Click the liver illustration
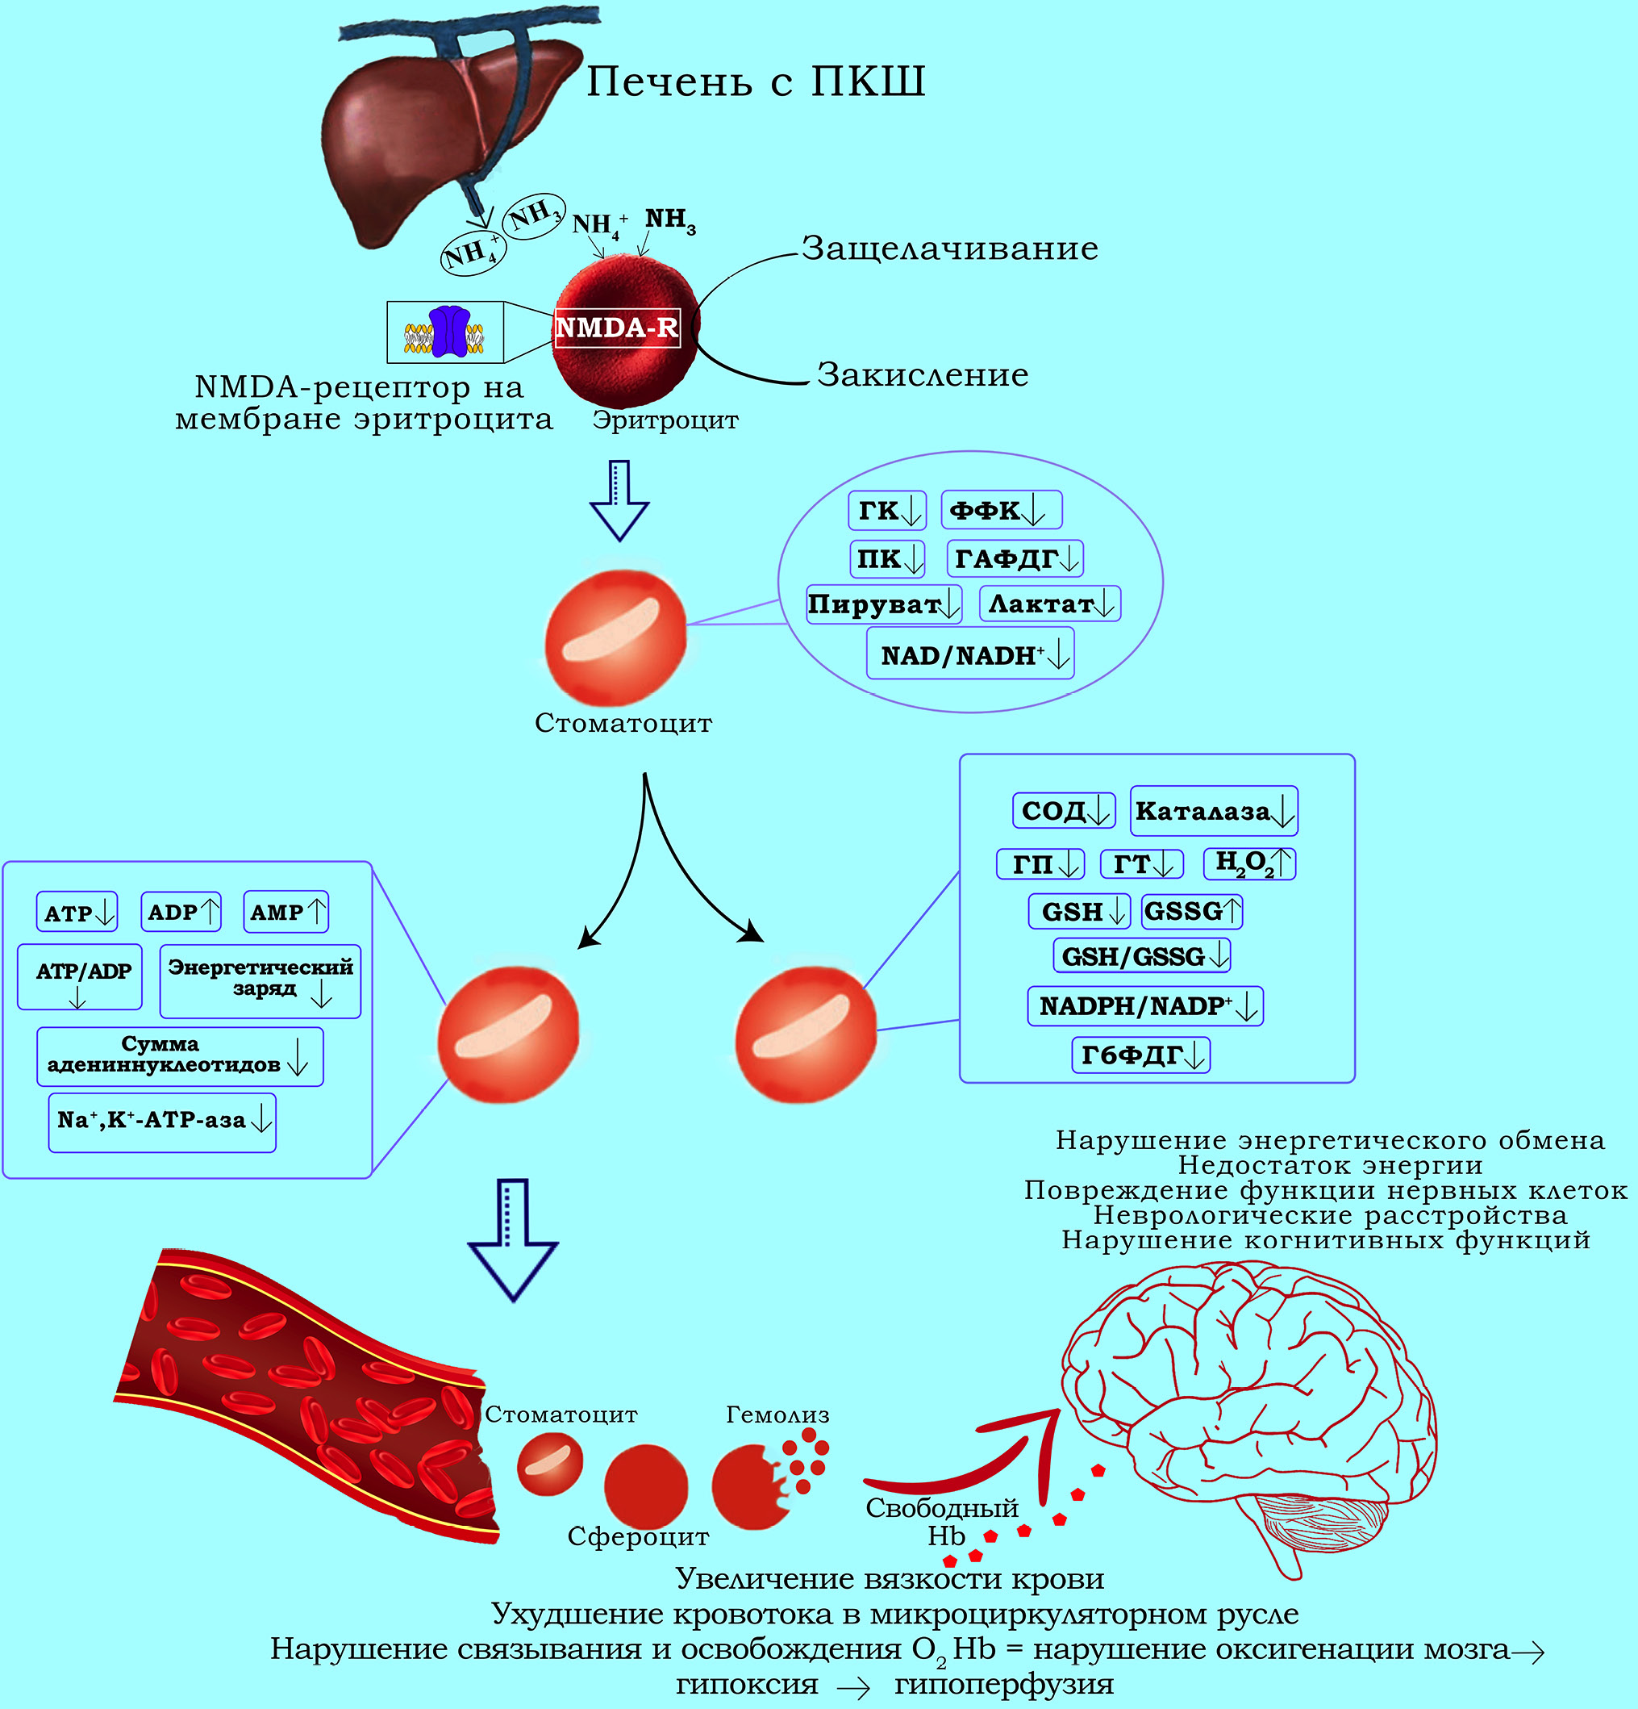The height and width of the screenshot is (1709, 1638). tap(436, 131)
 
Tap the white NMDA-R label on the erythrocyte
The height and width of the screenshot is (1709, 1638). tap(616, 328)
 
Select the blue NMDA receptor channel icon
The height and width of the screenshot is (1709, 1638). tap(450, 332)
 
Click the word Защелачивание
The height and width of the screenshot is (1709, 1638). tap(949, 249)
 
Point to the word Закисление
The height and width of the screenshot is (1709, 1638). tap(923, 375)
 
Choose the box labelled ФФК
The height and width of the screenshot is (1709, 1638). tap(1000, 510)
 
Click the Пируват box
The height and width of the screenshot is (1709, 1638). tap(883, 604)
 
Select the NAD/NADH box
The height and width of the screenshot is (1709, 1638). tap(969, 655)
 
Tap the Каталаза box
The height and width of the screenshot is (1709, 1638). tap(1213, 811)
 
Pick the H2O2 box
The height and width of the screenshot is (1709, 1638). tap(1248, 863)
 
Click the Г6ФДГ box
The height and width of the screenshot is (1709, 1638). tap(1140, 1055)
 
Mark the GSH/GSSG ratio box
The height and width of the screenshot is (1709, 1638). tap(1141, 956)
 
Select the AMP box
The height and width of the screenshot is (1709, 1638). tap(285, 912)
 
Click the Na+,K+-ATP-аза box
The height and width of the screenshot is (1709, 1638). tap(162, 1122)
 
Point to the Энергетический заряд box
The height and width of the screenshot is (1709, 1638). tap(260, 980)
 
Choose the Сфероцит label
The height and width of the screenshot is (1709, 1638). tap(637, 1536)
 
